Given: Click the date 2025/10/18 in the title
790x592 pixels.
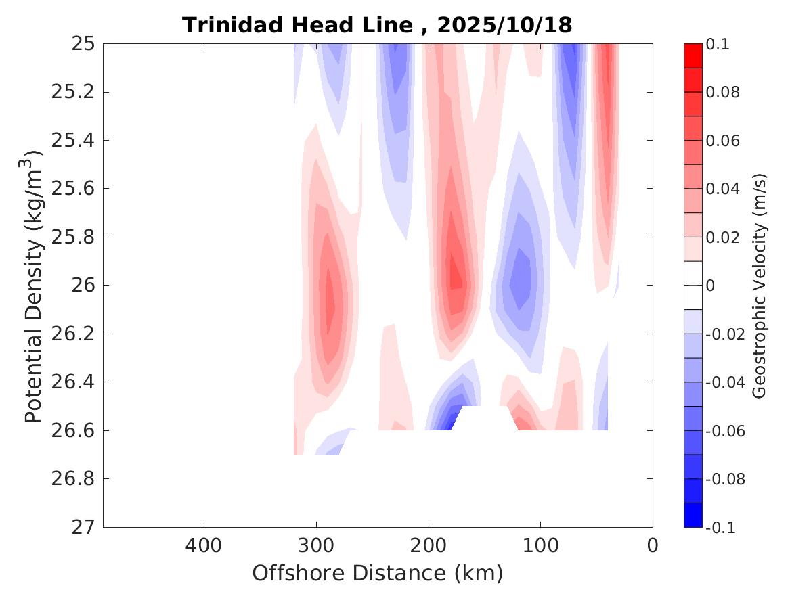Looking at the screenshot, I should (x=504, y=26).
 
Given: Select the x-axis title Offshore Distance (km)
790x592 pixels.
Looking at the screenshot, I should (x=377, y=573).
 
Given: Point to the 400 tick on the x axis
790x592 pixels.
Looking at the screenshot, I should (x=204, y=545).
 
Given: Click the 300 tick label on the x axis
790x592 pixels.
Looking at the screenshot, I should (x=315, y=545).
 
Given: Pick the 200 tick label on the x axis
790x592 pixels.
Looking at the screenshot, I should (x=428, y=545).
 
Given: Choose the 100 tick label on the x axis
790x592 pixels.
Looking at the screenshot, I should (x=540, y=545).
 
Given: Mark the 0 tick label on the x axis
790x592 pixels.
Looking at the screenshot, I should (x=653, y=545).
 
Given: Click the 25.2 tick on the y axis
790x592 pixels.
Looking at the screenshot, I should (x=72, y=92).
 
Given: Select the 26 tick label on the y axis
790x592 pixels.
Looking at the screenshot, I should (x=82, y=286).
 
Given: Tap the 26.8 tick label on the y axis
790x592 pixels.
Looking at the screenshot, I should (x=72, y=479).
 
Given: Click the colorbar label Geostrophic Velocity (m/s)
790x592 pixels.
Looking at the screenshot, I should (x=760, y=286).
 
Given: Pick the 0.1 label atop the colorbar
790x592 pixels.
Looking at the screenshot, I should (x=718, y=44).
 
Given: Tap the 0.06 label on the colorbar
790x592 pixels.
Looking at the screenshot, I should (x=722, y=141).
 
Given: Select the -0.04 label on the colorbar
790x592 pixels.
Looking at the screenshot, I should (x=725, y=382).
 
